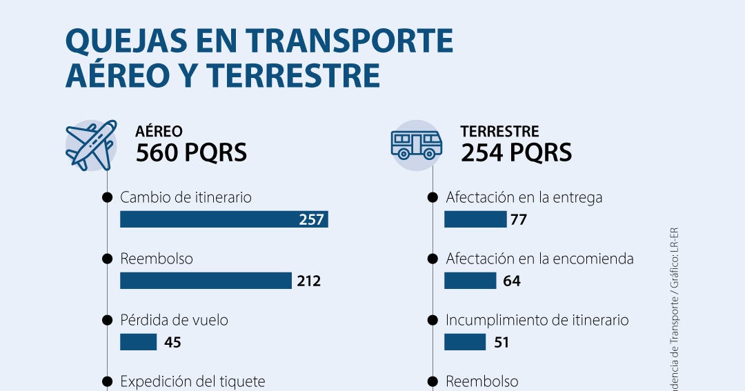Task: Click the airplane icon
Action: pyautogui.click(x=90, y=146)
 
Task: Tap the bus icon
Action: pyautogui.click(x=416, y=145)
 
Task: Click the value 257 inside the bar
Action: pyautogui.click(x=311, y=220)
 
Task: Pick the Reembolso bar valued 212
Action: pyautogui.click(x=206, y=281)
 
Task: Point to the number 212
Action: pyautogui.click(x=309, y=281)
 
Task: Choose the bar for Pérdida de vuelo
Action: pyautogui.click(x=139, y=342)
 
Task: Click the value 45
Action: pyautogui.click(x=172, y=342)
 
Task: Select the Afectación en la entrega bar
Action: pyautogui.click(x=475, y=219)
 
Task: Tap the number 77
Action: pyautogui.click(x=519, y=220)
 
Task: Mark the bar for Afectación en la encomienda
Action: pyautogui.click(x=470, y=281)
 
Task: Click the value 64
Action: pyautogui.click(x=512, y=281)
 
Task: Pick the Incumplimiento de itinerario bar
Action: pyautogui.click(x=465, y=342)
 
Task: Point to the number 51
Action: pyautogui.click(x=501, y=342)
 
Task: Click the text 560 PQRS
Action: pyautogui.click(x=191, y=152)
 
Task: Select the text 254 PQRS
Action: pyautogui.click(x=517, y=152)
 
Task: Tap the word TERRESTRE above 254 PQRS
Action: pyautogui.click(x=499, y=131)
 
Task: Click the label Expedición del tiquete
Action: pyautogui.click(x=192, y=381)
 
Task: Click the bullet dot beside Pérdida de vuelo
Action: pyautogui.click(x=107, y=320)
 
